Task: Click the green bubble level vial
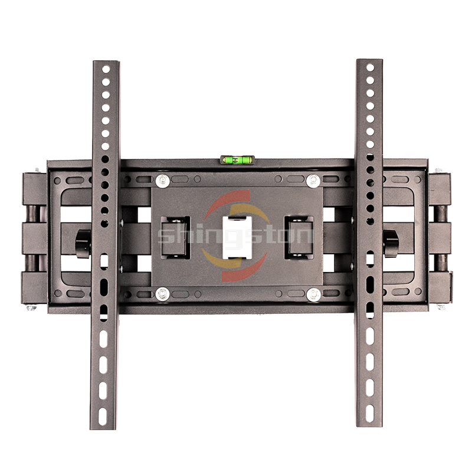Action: pyautogui.click(x=238, y=160)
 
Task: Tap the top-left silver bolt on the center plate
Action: pyautogui.click(x=163, y=181)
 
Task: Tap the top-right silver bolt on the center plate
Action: pyautogui.click(x=313, y=181)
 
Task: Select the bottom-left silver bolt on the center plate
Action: pyautogui.click(x=163, y=294)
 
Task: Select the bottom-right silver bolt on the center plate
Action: pyautogui.click(x=313, y=295)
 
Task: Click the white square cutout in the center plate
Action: pyautogui.click(x=237, y=238)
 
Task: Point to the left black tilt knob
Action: pyautogui.click(x=83, y=244)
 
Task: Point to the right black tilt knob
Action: pyautogui.click(x=391, y=244)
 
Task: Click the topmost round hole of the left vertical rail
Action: pyautogui.click(x=106, y=69)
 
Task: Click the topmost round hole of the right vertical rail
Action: pyautogui.click(x=371, y=67)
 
